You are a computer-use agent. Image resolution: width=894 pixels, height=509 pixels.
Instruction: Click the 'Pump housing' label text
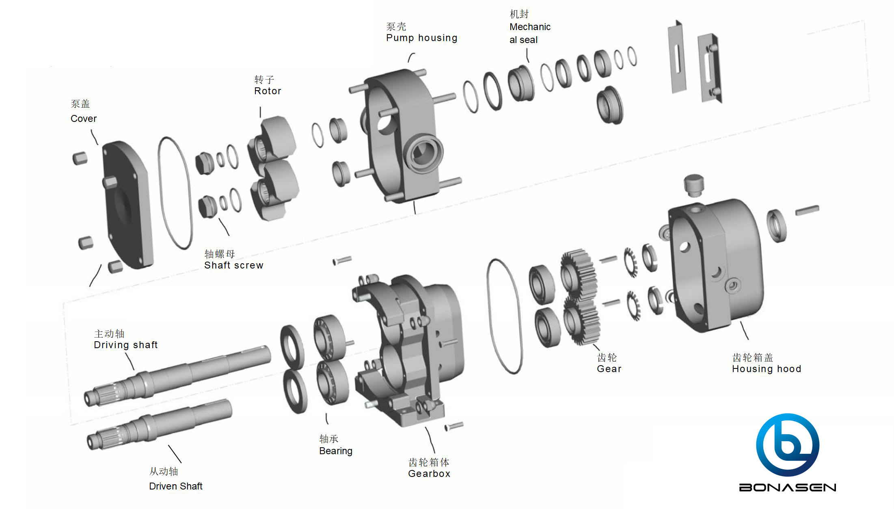(421, 38)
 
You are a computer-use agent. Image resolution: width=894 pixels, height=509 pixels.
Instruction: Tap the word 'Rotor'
(268, 91)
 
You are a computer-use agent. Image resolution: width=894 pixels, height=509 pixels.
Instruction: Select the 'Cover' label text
(84, 119)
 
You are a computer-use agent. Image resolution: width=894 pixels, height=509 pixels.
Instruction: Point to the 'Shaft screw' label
(233, 265)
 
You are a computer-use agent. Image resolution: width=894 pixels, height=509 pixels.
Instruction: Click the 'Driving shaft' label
(125, 345)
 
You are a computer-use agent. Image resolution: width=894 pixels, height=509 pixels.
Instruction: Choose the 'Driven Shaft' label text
(175, 486)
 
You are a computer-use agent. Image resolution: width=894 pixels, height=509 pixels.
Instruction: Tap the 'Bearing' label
(335, 451)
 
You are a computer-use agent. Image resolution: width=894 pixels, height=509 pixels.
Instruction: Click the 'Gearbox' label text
(429, 474)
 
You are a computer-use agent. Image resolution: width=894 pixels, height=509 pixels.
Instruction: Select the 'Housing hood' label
(766, 369)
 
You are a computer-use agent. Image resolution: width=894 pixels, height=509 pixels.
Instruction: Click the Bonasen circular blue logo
(787, 445)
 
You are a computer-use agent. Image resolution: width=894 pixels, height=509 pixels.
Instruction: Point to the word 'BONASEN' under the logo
(787, 487)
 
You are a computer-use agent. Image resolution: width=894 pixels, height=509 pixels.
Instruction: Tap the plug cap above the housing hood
(693, 185)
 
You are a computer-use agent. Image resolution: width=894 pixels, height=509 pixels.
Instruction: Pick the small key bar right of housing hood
(807, 210)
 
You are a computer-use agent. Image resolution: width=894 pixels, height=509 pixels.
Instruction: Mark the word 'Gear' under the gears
(609, 369)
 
